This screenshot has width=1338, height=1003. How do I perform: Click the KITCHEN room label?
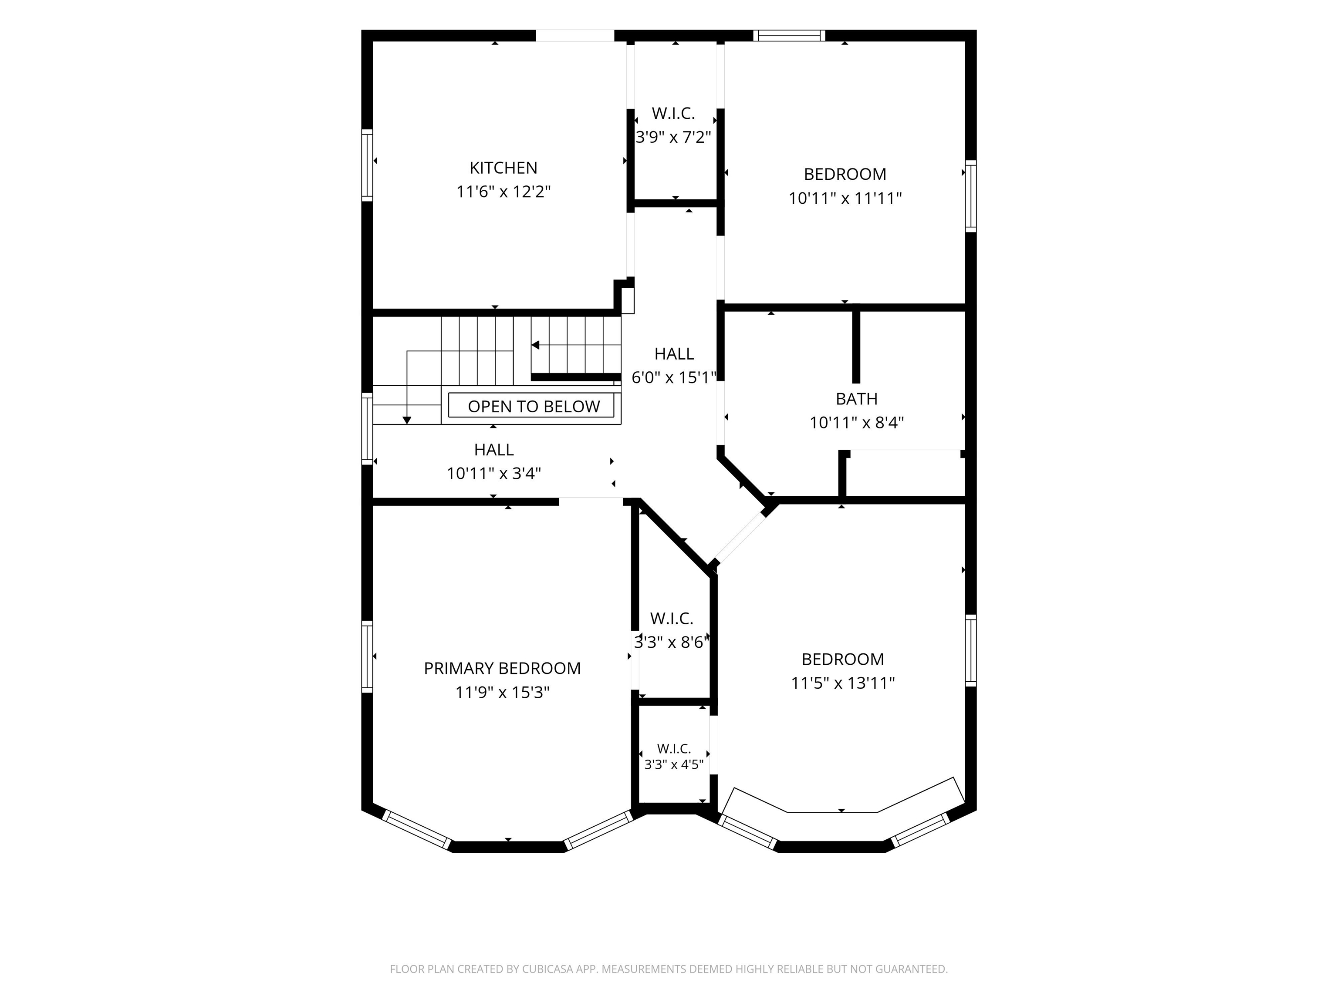pos(503,168)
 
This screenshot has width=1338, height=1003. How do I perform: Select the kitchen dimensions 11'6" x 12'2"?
pos(503,192)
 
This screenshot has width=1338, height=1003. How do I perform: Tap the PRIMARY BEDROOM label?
pos(502,668)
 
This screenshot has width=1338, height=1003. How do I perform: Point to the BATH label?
pos(857,399)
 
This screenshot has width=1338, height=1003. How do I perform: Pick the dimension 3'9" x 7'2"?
pos(673,137)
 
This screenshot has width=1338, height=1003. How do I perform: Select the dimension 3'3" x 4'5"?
pos(674,764)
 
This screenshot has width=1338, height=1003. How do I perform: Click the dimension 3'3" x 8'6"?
pos(672,642)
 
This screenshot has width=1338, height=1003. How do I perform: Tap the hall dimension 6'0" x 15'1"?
pos(674,377)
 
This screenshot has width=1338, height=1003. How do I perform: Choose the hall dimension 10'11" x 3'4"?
pos(493,473)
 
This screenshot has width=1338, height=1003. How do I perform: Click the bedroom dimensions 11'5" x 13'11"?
pos(843,683)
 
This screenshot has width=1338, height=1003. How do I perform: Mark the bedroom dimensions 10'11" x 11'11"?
pos(845,199)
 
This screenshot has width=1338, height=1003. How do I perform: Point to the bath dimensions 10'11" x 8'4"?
pos(857,423)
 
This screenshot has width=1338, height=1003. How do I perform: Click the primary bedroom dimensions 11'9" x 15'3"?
pos(502,692)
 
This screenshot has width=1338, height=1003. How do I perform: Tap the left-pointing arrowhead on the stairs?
pos(535,345)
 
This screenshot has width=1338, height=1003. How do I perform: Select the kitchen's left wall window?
pos(367,165)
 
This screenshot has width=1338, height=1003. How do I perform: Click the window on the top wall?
pos(789,36)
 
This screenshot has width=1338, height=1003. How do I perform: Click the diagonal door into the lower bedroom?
pos(741,539)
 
